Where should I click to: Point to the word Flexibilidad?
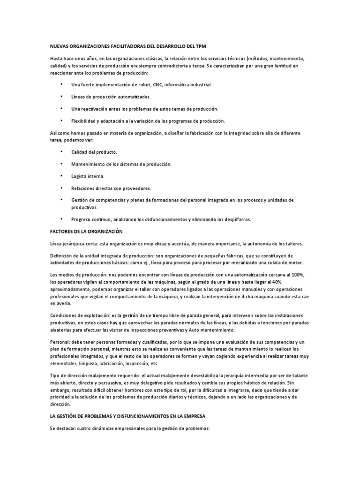tap(85, 121)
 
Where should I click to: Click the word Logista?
tap(80, 176)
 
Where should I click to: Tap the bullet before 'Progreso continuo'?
tap(61, 219)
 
